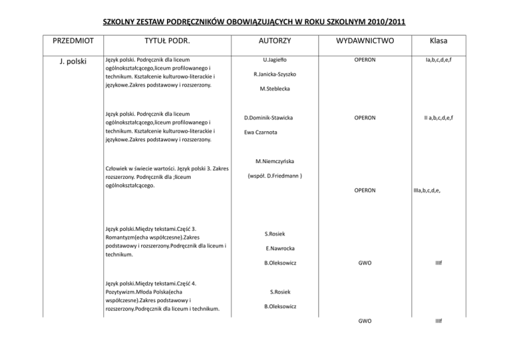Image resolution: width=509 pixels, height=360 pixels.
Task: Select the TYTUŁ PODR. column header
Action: point(163,41)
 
